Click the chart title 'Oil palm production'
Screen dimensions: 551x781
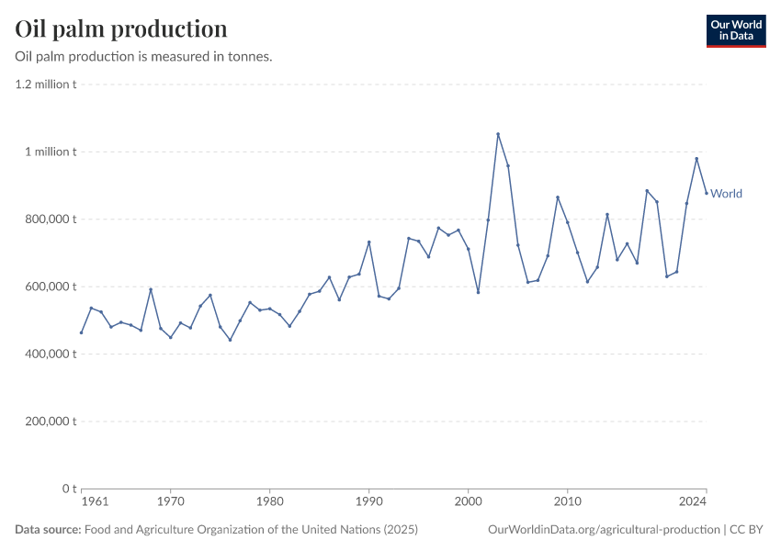click(x=121, y=29)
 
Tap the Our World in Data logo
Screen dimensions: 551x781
click(x=735, y=30)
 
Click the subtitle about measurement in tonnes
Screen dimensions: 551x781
click(x=143, y=57)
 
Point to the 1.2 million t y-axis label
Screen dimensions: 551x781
click(x=45, y=84)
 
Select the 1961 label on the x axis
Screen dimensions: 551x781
click(x=94, y=502)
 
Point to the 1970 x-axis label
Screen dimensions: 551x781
click(x=170, y=502)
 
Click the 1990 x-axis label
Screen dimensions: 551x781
click(x=368, y=502)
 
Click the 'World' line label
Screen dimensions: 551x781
click(x=726, y=194)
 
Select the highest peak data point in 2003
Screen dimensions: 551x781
click(x=498, y=134)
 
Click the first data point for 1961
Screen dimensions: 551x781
click(x=81, y=332)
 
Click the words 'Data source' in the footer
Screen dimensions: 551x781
click(x=48, y=530)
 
